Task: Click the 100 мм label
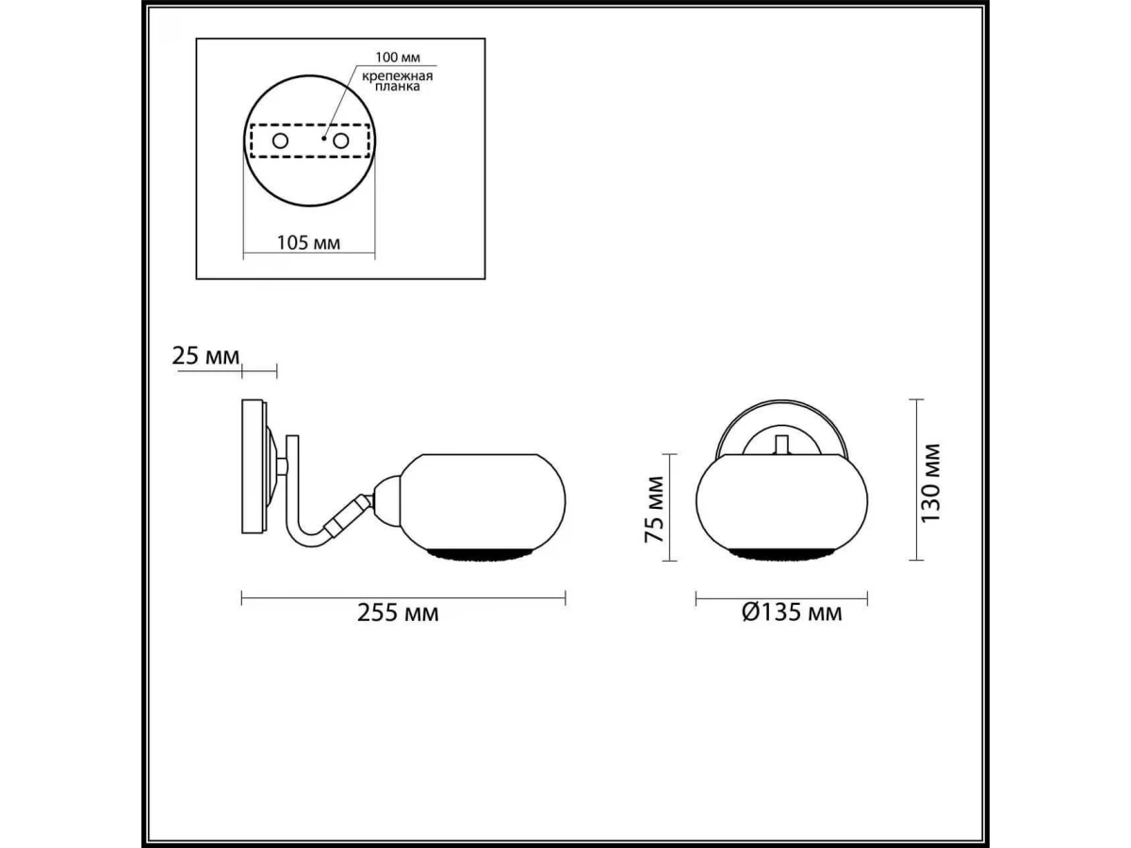tap(398, 57)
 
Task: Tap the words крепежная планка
tap(397, 81)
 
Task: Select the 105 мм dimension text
tap(308, 242)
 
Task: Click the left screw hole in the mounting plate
tap(280, 140)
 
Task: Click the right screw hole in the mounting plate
tap(340, 140)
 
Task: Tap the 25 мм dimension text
tap(205, 356)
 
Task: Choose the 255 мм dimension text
tap(398, 612)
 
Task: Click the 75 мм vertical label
tap(655, 509)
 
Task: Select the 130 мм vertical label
tap(930, 483)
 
